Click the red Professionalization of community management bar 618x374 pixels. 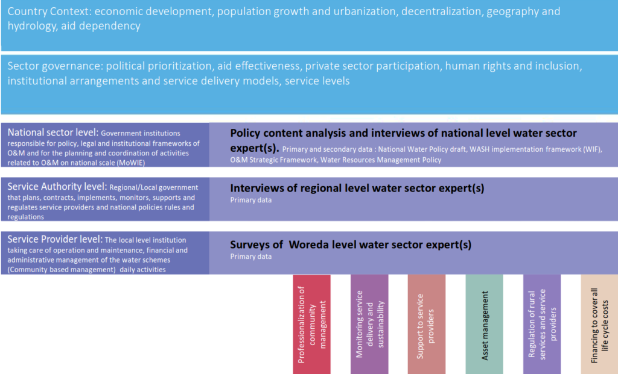coord(312,324)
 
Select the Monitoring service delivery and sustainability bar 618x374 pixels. coord(369,324)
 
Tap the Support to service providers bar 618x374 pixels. coord(427,324)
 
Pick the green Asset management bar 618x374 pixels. coord(485,324)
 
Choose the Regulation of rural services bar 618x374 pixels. coord(542,324)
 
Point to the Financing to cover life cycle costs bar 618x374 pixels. coord(599,324)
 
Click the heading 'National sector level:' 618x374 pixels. coord(53,132)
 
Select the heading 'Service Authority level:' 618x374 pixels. coord(57,187)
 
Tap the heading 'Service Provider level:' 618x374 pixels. coord(55,240)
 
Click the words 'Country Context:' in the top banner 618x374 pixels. coord(49,11)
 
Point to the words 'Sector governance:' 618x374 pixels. coord(55,66)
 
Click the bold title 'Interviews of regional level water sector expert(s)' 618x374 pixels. coord(357,189)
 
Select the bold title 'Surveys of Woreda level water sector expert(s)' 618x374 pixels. coord(351,245)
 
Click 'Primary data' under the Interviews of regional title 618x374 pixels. coord(250,200)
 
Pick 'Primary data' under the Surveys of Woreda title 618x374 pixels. coord(250,257)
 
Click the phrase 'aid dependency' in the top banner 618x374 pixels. coord(101,26)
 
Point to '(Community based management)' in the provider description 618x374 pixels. coord(62,270)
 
